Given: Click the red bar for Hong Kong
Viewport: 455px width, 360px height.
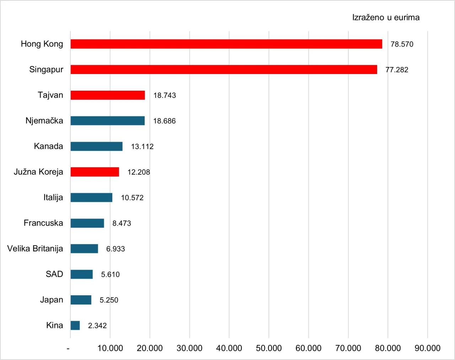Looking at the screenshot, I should coord(226,44).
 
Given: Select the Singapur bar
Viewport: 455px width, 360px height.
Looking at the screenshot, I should coord(224,69).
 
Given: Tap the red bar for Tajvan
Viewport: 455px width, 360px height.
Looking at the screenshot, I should coord(108,95).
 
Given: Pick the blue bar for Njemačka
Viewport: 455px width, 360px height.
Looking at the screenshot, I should coord(107,121).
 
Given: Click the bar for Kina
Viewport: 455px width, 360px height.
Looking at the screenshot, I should coord(75,325).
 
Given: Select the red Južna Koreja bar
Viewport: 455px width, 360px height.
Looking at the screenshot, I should coord(95,172).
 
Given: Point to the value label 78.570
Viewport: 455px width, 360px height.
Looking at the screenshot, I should coord(402,44).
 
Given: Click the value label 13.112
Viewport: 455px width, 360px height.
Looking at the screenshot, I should coord(142,147).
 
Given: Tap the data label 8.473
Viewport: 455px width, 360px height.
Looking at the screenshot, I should coord(122,223).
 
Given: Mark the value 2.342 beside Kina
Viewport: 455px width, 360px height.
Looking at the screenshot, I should coord(97,325).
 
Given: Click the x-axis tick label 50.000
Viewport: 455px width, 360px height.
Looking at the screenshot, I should coord(269,348).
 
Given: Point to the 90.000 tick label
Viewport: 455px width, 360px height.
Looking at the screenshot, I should coord(427,348).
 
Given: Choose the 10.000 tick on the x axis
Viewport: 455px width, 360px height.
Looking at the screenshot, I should coord(110,348).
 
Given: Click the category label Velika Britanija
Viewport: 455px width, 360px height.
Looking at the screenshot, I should coord(35,248).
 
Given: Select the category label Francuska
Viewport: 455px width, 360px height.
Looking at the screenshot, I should coord(43,223).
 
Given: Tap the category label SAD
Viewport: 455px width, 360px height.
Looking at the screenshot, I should coord(54,274).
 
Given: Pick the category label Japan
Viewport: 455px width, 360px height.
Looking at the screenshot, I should coord(52,300).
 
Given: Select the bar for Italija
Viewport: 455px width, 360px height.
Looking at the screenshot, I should coord(91,197).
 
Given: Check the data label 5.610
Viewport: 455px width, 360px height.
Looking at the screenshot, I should coord(110,275).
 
